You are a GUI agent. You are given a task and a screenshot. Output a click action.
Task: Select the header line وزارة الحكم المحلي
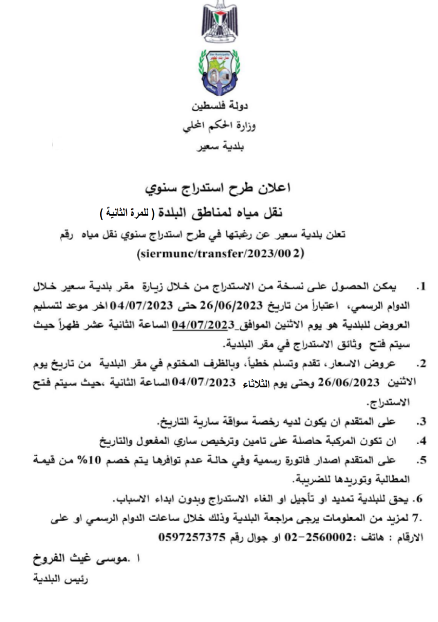tap(219, 128)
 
